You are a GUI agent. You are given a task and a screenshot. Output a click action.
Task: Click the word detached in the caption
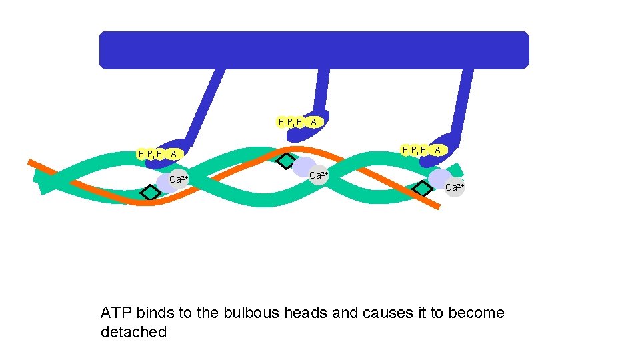point(133,332)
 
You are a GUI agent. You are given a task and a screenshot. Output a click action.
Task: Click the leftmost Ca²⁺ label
point(179,179)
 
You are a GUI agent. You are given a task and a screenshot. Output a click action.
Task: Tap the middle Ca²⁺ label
point(319,175)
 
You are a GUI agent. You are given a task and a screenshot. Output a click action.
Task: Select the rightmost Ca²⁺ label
point(454,187)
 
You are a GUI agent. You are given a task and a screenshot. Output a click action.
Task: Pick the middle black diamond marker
point(286,161)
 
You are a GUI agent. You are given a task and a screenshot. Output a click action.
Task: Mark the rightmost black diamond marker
point(422,189)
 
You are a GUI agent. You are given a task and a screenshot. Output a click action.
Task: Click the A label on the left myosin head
point(174,154)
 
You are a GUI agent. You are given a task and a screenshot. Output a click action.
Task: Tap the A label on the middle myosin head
point(313,122)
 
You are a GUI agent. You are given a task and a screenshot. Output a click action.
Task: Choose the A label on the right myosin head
point(437,151)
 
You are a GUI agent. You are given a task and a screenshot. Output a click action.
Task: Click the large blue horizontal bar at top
point(313,50)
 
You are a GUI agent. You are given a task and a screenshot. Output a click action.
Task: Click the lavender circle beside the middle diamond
point(304,166)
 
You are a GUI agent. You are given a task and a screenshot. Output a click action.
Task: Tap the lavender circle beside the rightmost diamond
point(439,178)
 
